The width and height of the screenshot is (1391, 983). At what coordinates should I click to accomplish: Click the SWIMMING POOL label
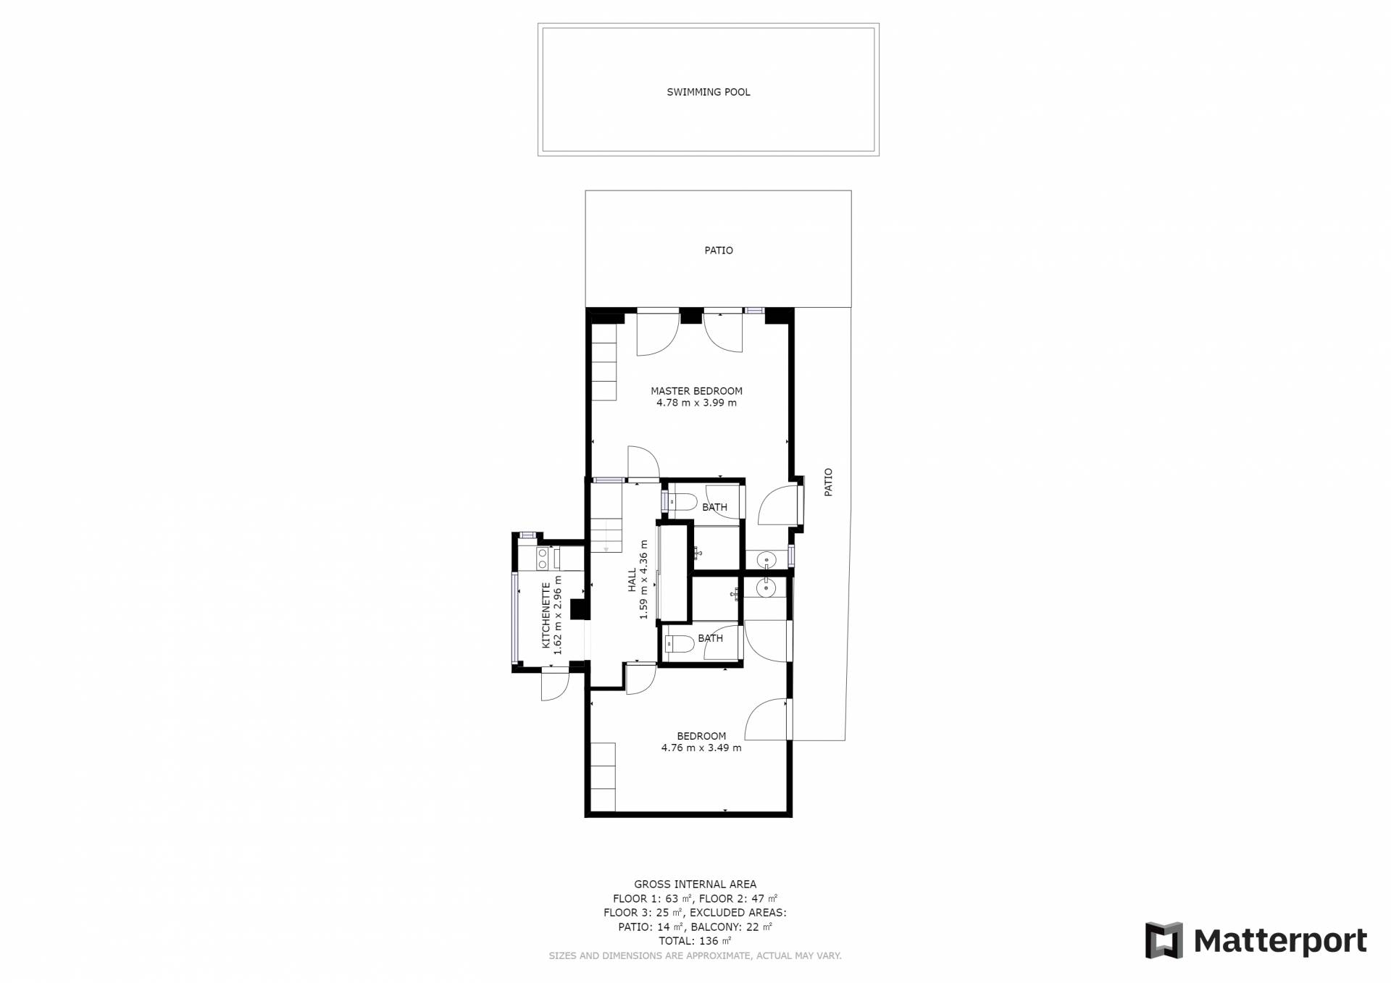pos(708,92)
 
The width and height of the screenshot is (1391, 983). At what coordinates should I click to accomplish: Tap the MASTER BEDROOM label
pos(696,391)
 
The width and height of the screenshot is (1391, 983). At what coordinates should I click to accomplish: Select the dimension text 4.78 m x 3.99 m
pos(696,403)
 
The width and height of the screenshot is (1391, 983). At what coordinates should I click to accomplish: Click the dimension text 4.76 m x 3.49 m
pos(701,748)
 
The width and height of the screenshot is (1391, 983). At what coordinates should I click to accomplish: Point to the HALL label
pos(632,580)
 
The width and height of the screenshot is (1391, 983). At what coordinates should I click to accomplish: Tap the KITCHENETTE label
pos(546,616)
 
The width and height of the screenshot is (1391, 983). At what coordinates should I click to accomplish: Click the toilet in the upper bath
pos(681,501)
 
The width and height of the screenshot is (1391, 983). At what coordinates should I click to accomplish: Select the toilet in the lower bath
pos(679,643)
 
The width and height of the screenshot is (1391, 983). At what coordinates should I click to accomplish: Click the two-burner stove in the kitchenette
pos(542,558)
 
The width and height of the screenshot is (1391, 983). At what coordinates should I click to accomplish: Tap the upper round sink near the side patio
pos(765,560)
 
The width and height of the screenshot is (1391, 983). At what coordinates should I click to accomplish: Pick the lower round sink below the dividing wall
pos(766,589)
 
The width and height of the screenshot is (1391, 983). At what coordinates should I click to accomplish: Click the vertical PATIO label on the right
pos(828,482)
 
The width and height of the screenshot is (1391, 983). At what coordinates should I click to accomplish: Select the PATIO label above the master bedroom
pos(719,251)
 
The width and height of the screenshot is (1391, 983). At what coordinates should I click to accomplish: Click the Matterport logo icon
pos(1164,940)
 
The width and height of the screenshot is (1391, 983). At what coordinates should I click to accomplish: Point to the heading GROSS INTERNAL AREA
pos(695,884)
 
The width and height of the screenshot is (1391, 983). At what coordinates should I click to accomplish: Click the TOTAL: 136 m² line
pos(695,941)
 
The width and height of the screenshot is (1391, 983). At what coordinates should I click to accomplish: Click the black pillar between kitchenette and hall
pos(579,609)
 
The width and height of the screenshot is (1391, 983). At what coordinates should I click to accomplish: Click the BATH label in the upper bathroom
pos(714,507)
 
